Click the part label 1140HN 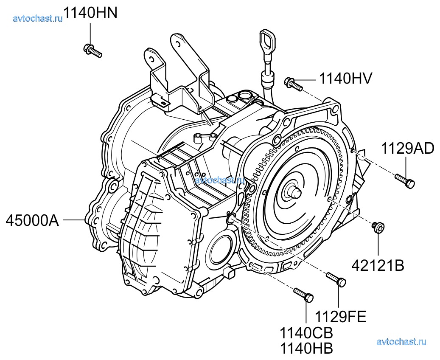click(x=91, y=12)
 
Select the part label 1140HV click(x=345, y=79)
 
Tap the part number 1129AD click(x=408, y=149)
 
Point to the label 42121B click(x=378, y=265)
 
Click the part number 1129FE click(x=340, y=317)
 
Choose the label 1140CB click(x=306, y=333)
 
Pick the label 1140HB click(x=306, y=349)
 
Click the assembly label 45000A click(x=32, y=221)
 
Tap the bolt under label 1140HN click(x=92, y=51)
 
